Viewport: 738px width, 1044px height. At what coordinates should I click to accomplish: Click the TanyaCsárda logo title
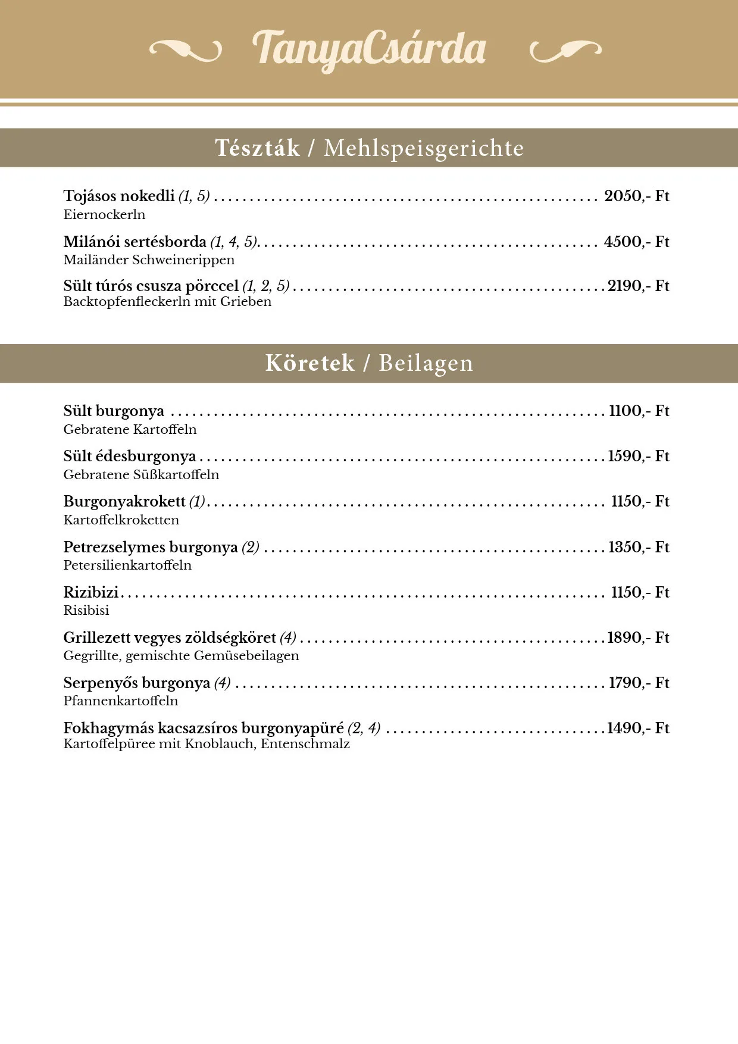coord(369,49)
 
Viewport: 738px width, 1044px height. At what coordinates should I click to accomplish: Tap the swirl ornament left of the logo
coord(185,51)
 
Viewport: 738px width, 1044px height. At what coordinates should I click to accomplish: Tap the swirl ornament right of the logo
coord(565,51)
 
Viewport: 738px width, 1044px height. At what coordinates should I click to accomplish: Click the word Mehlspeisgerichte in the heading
coord(424,148)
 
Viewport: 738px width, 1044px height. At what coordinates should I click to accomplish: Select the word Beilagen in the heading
coord(426,363)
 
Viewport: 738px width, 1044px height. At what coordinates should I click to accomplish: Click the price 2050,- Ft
coord(636,196)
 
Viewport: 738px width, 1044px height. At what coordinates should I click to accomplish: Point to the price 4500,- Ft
coord(636,242)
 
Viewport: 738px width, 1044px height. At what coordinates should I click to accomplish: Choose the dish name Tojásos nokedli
coord(119,196)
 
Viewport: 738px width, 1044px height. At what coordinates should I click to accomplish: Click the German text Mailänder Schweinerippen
coord(149,260)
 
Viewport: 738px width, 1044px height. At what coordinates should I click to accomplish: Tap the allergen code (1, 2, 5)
coord(266,286)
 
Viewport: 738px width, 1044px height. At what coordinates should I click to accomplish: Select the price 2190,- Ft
coord(638,286)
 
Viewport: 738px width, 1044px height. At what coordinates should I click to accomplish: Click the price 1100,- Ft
coord(639,411)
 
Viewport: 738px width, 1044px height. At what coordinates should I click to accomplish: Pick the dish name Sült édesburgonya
coord(130,457)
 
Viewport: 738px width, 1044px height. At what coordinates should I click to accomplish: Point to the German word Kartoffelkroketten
coord(121,520)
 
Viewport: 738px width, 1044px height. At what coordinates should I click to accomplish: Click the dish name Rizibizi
coord(91,593)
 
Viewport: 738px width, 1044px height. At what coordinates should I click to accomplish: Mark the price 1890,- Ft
coord(638,638)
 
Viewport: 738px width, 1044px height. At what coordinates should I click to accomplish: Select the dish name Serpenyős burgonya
coord(137,683)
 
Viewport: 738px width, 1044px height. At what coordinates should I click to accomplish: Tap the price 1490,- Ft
coord(638,729)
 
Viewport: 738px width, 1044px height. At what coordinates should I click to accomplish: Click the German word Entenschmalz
coord(305,744)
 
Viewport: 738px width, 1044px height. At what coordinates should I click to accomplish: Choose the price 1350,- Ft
coord(638,548)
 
